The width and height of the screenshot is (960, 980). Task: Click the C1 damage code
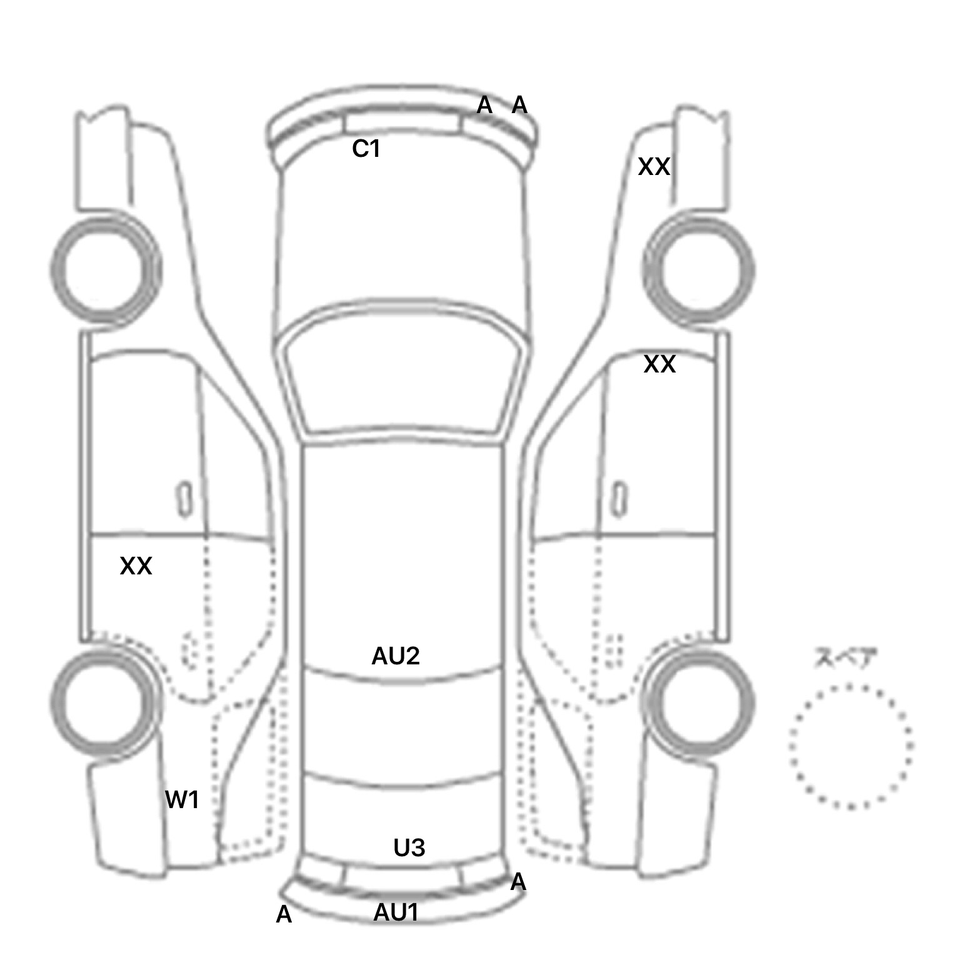click(366, 149)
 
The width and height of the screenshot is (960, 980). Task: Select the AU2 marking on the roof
click(395, 656)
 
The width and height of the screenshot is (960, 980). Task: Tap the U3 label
click(409, 847)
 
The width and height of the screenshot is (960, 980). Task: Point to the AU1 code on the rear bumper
click(396, 912)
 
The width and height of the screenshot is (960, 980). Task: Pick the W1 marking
click(182, 799)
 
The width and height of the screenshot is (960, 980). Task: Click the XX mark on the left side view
click(136, 566)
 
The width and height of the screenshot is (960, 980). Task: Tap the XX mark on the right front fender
click(654, 167)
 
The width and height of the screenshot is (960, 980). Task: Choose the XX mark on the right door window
click(659, 364)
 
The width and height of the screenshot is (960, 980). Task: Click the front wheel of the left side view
click(105, 270)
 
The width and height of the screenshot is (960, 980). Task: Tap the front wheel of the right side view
click(699, 270)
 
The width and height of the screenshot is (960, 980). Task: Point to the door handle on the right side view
click(619, 499)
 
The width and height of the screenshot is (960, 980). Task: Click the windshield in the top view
click(403, 375)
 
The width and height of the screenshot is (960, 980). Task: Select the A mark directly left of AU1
click(284, 914)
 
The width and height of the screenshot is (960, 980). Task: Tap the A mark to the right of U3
click(517, 882)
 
